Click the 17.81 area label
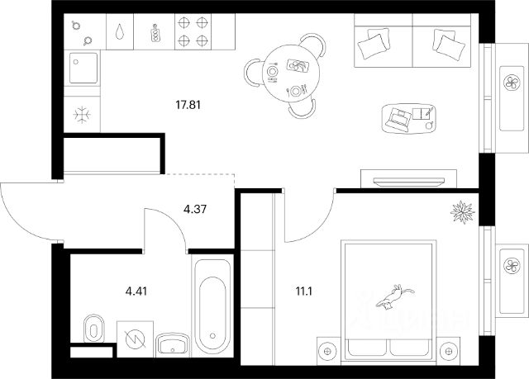coord(188,105)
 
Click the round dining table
coord(284,73)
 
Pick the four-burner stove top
coord(193,31)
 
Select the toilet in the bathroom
coord(93,328)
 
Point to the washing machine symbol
coord(134,339)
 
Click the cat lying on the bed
coord(398,295)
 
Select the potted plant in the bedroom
coord(462,211)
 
